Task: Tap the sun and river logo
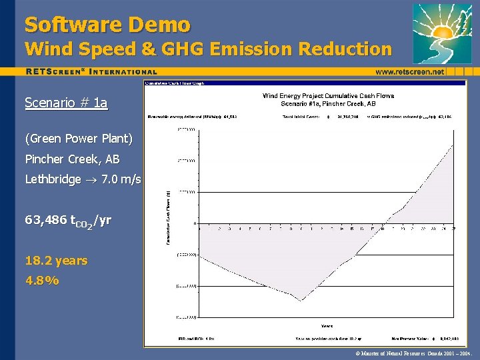click(x=441, y=33)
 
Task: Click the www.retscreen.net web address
click(x=409, y=71)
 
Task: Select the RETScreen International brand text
click(x=92, y=71)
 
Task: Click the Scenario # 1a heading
click(x=66, y=103)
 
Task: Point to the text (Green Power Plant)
click(x=79, y=139)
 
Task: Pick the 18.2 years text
click(x=56, y=260)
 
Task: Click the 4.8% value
click(x=42, y=280)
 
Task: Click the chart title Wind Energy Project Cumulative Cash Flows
click(x=328, y=96)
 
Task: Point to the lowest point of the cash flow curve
click(x=301, y=300)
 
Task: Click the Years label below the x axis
click(x=327, y=326)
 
